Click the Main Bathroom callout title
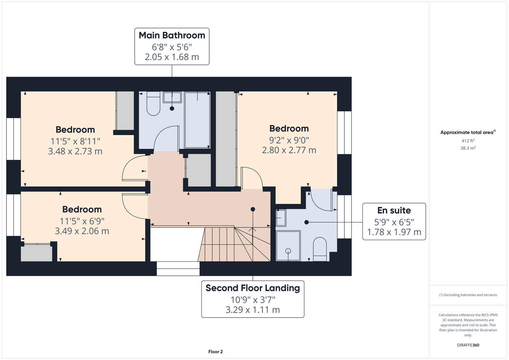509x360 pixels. [x=172, y=35]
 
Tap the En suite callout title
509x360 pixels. [x=394, y=211]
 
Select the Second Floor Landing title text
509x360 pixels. [x=253, y=288]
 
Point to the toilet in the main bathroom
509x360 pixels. [x=153, y=103]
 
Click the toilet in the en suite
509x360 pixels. [x=320, y=249]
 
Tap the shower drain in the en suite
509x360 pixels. [x=288, y=251]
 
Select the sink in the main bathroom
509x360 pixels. [x=172, y=97]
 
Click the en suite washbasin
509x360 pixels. [x=281, y=218]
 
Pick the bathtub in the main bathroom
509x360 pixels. [x=197, y=120]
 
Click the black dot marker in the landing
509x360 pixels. [x=253, y=209]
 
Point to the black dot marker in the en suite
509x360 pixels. [x=307, y=222]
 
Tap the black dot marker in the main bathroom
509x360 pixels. [x=172, y=108]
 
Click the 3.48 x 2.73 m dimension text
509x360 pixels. [x=75, y=151]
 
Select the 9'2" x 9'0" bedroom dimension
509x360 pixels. [x=289, y=140]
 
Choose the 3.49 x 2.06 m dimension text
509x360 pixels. [x=82, y=231]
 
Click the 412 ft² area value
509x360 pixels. [x=468, y=141]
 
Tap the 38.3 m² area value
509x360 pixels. [x=468, y=148]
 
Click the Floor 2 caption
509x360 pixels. [x=215, y=352]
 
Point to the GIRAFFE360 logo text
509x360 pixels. [x=468, y=345]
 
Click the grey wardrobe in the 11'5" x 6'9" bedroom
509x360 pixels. [x=36, y=253]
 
